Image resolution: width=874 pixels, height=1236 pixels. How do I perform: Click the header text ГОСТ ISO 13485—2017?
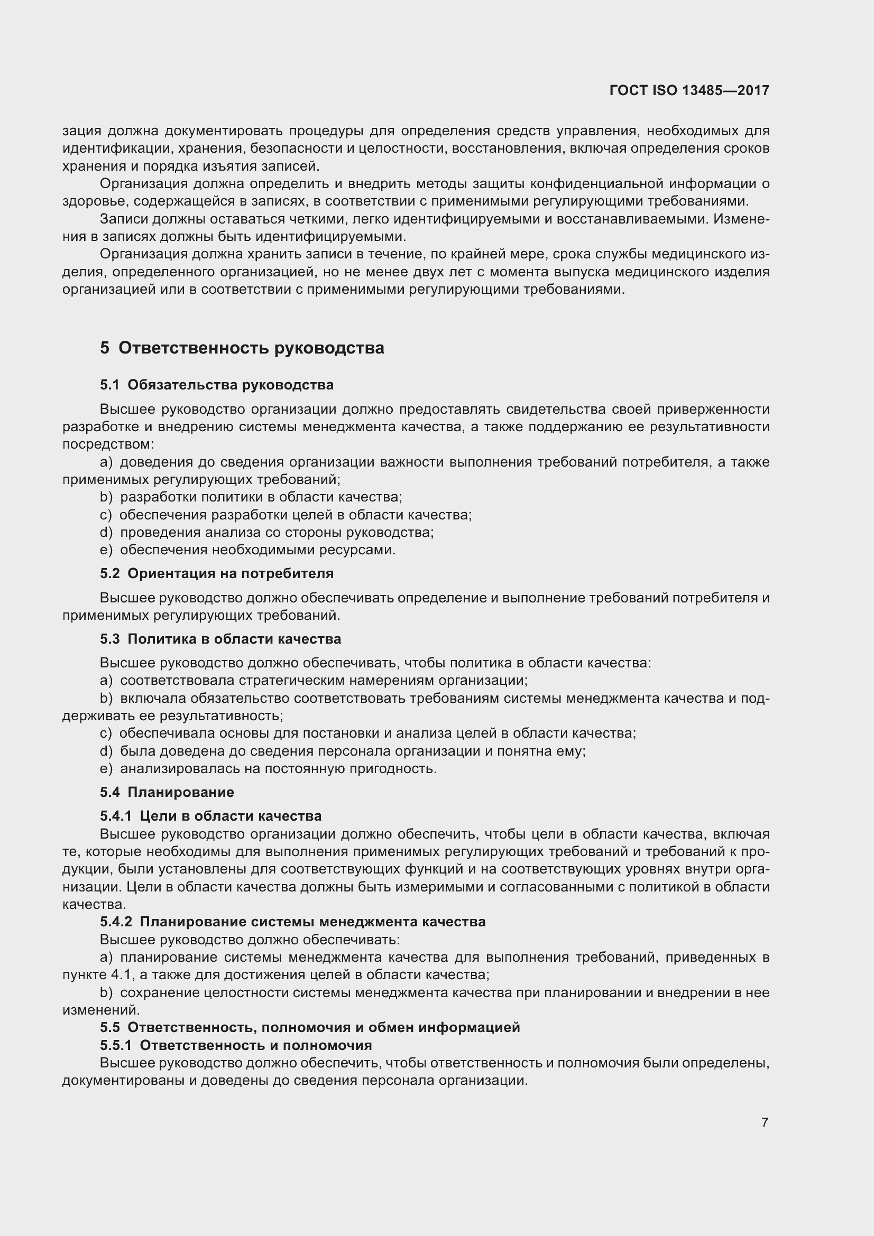click(689, 90)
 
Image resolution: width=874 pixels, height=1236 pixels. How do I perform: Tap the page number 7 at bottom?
click(765, 1122)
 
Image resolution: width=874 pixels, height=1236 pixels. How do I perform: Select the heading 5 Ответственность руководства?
click(242, 348)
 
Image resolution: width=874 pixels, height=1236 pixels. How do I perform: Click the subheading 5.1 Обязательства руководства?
click(216, 385)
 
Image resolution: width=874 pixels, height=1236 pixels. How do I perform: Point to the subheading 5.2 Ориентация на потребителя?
click(216, 573)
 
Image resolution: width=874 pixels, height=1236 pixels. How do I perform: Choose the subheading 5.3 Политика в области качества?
click(220, 639)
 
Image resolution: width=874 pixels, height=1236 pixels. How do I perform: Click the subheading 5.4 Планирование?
click(167, 792)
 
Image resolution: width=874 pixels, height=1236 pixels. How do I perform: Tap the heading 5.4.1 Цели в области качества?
click(210, 815)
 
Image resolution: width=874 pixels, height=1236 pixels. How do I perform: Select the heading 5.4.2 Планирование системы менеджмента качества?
click(292, 922)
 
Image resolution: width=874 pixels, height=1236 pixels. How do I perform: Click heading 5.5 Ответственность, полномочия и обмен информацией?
click(310, 1027)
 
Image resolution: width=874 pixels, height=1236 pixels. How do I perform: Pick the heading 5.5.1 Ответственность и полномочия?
click(236, 1045)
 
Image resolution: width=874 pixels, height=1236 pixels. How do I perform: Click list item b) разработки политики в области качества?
click(251, 497)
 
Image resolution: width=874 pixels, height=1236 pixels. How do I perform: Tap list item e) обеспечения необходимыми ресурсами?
click(248, 550)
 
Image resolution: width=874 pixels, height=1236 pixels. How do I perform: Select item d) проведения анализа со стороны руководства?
click(266, 533)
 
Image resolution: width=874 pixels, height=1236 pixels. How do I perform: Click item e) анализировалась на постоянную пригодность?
click(268, 768)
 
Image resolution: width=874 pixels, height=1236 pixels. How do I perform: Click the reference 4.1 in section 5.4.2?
click(120, 974)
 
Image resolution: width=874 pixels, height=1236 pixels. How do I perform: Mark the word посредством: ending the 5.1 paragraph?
click(108, 444)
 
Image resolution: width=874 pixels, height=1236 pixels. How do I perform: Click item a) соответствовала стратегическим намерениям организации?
click(314, 681)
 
